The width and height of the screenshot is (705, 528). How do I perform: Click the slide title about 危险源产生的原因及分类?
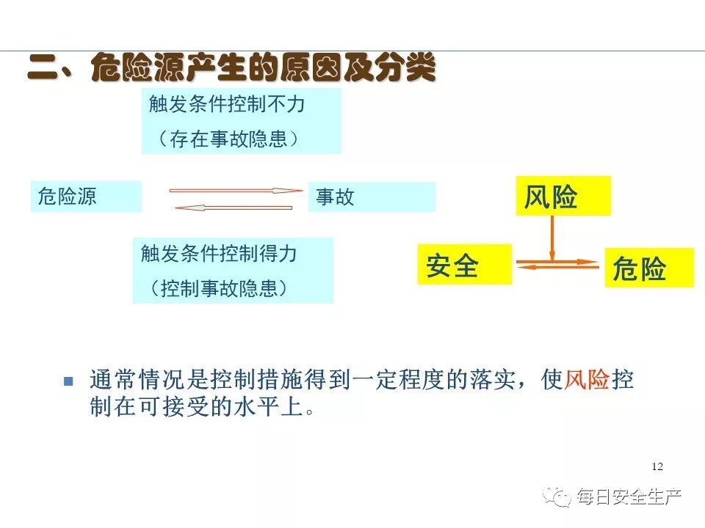click(x=231, y=68)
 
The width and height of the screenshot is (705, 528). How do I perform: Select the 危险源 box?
click(x=87, y=197)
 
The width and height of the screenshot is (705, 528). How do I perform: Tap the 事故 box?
click(x=372, y=197)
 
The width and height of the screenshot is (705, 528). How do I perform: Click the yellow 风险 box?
click(x=563, y=196)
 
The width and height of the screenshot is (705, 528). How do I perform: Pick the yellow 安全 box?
click(x=465, y=265)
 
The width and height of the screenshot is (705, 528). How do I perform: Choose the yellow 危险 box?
click(x=649, y=268)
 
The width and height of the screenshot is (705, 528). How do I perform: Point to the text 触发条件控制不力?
click(x=227, y=104)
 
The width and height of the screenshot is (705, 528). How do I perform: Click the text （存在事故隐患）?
click(x=228, y=139)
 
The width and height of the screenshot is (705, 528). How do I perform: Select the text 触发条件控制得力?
click(x=219, y=254)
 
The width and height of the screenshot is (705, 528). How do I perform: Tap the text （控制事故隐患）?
click(x=219, y=287)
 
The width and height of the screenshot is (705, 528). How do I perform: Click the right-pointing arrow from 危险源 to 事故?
click(x=236, y=191)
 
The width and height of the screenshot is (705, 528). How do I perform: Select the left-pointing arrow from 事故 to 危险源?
click(x=234, y=208)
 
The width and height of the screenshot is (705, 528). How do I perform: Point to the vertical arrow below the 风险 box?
click(x=552, y=238)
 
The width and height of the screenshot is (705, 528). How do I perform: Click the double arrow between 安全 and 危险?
click(x=558, y=265)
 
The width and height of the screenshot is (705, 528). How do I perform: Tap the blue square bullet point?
click(x=68, y=381)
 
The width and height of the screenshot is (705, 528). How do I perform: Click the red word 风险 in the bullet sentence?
click(x=587, y=379)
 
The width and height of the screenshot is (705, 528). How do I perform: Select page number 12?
click(x=657, y=466)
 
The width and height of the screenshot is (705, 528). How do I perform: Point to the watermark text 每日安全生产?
click(x=629, y=496)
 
